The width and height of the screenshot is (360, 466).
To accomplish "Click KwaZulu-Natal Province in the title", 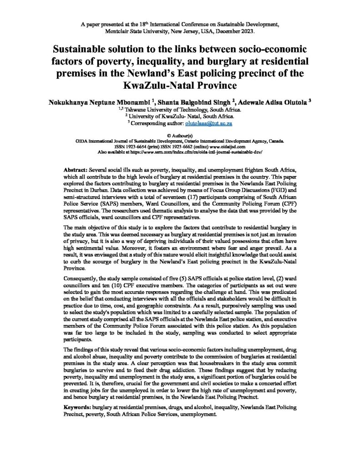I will pyautogui.click(x=180, y=85).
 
